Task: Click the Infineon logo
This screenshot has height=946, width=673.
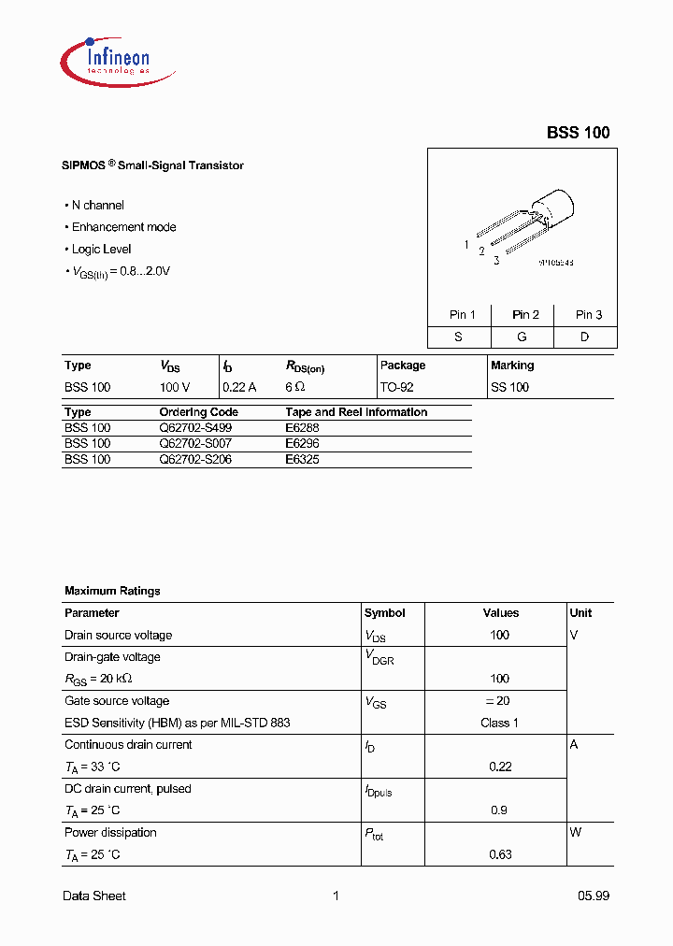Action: [x=106, y=59]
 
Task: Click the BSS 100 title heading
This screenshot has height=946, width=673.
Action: [x=578, y=133]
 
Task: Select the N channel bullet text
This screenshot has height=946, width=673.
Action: [x=97, y=205]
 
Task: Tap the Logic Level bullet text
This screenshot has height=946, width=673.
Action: [x=101, y=249]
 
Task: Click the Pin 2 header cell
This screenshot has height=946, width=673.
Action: [x=525, y=314]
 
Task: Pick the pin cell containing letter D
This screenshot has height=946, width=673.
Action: [x=584, y=337]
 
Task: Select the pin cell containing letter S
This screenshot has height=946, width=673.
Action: [x=458, y=337]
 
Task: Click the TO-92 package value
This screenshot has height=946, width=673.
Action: [x=397, y=387]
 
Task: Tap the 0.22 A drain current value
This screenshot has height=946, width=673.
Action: [x=239, y=387]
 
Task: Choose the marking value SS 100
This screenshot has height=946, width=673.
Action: [x=509, y=387]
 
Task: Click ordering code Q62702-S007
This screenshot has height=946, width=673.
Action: [x=196, y=443]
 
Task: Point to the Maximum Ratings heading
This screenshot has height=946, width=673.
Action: [x=112, y=591]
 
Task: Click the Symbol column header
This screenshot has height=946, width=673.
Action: [x=384, y=613]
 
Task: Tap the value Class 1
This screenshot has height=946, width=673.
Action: [x=499, y=723]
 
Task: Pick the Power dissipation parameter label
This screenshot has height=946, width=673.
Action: [x=110, y=832]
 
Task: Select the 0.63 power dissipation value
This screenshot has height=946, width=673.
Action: [x=500, y=854]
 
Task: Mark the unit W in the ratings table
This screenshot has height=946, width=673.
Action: [x=575, y=832]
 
